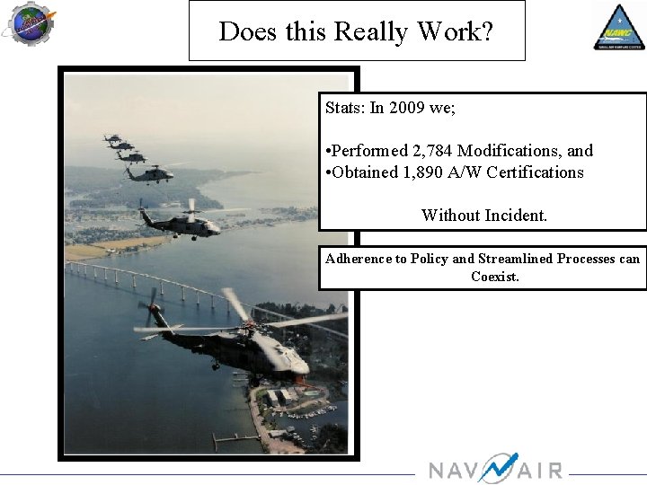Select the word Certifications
click(536, 172)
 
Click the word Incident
click(515, 216)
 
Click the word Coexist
click(495, 277)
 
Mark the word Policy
click(430, 259)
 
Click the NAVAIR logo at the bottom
click(495, 470)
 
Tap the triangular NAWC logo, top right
click(618, 26)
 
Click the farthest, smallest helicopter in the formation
click(112, 138)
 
